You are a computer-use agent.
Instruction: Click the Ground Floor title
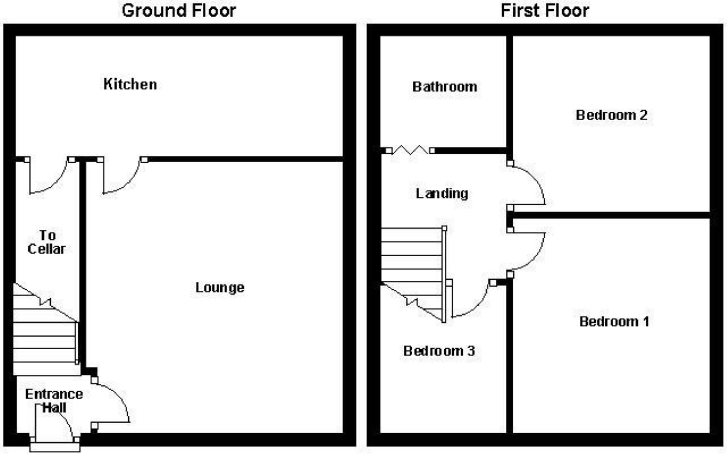point(179,10)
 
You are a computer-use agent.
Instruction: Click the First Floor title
point(545,10)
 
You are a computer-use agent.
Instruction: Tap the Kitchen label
point(130,84)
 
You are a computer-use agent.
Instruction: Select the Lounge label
point(220,287)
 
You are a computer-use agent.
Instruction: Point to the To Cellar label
point(47,242)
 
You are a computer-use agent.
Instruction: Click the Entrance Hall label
point(54,401)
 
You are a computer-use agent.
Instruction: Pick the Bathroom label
point(445,87)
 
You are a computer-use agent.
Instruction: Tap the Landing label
point(442,193)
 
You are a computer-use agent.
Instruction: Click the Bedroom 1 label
point(614,321)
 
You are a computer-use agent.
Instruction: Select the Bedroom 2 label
point(612,115)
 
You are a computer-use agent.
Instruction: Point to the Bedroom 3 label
point(439,351)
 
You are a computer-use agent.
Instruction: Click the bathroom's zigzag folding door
point(410,150)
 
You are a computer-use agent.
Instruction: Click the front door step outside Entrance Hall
point(55,447)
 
